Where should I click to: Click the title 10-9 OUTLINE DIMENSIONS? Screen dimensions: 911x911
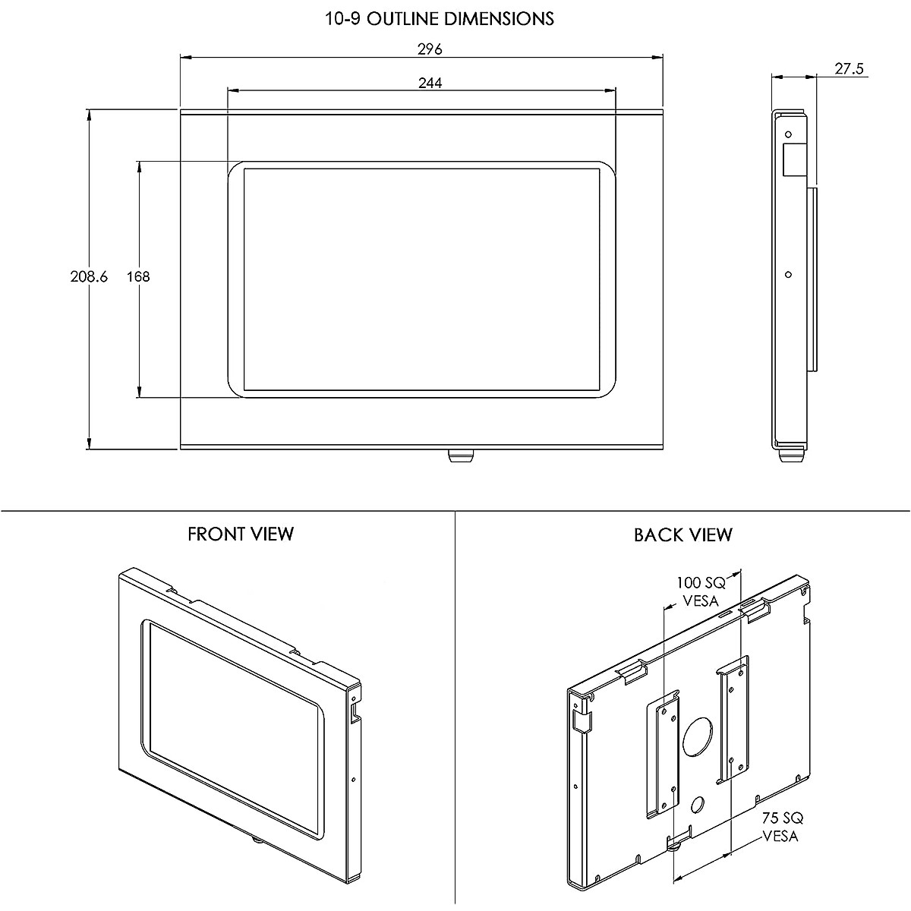click(x=440, y=18)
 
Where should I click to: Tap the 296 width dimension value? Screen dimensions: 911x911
click(x=430, y=49)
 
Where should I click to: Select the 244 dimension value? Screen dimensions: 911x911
click(x=430, y=84)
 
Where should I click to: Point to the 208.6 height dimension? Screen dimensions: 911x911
click(x=89, y=276)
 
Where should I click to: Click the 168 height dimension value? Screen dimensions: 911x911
click(x=138, y=276)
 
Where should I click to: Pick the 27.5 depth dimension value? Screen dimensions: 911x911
click(x=849, y=69)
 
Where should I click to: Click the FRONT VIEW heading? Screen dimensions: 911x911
click(x=241, y=534)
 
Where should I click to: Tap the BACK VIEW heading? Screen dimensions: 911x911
click(x=683, y=535)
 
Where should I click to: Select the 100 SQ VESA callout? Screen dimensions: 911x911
click(x=701, y=591)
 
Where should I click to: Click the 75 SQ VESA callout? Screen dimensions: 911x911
click(x=782, y=827)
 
